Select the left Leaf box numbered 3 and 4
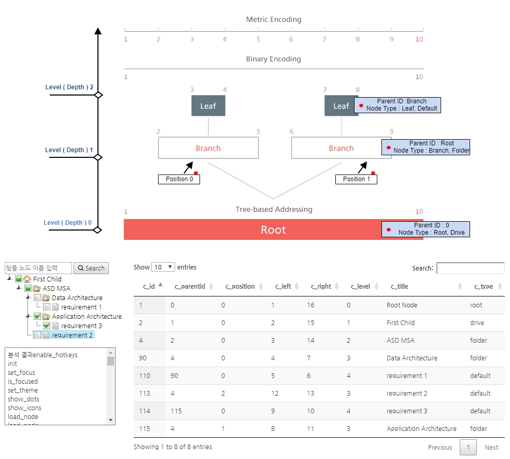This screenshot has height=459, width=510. [x=208, y=106]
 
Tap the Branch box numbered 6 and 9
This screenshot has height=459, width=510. [x=341, y=148]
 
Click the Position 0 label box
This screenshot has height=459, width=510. [x=179, y=179]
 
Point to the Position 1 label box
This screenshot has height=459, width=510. [x=356, y=179]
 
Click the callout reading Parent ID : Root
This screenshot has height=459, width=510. [x=426, y=147]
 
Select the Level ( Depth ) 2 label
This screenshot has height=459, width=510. [x=69, y=87]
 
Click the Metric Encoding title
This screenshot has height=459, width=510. [x=274, y=20]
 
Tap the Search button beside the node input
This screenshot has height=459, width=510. [x=91, y=268]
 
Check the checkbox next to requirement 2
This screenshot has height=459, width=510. [x=37, y=335]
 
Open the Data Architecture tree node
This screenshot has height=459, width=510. [x=77, y=298]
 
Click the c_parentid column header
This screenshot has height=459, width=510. [x=190, y=286]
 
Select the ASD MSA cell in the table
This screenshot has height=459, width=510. [x=401, y=341]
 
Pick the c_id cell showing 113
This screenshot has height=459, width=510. [x=145, y=394]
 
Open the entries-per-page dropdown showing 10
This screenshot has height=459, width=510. [x=163, y=267]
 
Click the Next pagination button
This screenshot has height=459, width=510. [x=491, y=447]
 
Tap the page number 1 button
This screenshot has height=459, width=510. [x=468, y=447]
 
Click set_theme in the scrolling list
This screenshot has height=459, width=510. [x=23, y=390]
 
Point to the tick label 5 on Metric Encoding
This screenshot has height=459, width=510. [x=258, y=39]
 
